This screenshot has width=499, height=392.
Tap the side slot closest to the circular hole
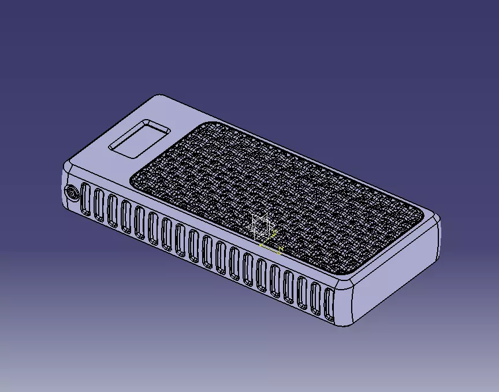[x=86, y=201]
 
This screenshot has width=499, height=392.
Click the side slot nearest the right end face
[x=330, y=303]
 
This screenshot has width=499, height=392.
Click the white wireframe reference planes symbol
[x=261, y=225]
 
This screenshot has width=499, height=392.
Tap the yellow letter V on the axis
[x=275, y=232]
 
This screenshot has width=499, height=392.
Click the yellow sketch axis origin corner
[x=261, y=245]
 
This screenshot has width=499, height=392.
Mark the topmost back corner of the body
[x=158, y=96]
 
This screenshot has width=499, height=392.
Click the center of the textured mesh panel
[x=274, y=197]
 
